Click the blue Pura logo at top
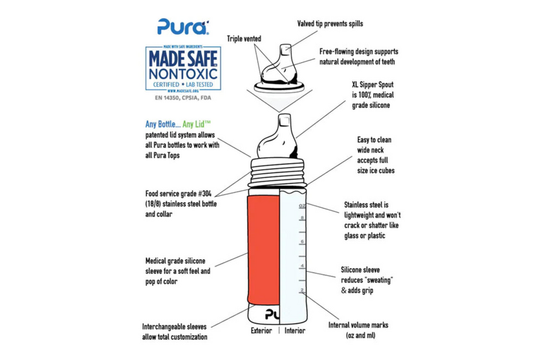183,26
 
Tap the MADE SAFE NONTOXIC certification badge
183,69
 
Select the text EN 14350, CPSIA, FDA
183,98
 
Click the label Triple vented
244,39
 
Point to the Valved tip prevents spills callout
330,24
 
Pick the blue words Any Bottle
163,124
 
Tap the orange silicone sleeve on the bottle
263,250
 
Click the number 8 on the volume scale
302,218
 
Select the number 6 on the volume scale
302,242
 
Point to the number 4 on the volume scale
302,266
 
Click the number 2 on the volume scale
302,290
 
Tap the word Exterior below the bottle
261,331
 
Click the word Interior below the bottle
295,331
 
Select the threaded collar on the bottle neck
278,172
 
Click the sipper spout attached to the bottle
277,137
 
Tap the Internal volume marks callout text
358,330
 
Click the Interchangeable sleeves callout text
175,332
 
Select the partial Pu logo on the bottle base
272,314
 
